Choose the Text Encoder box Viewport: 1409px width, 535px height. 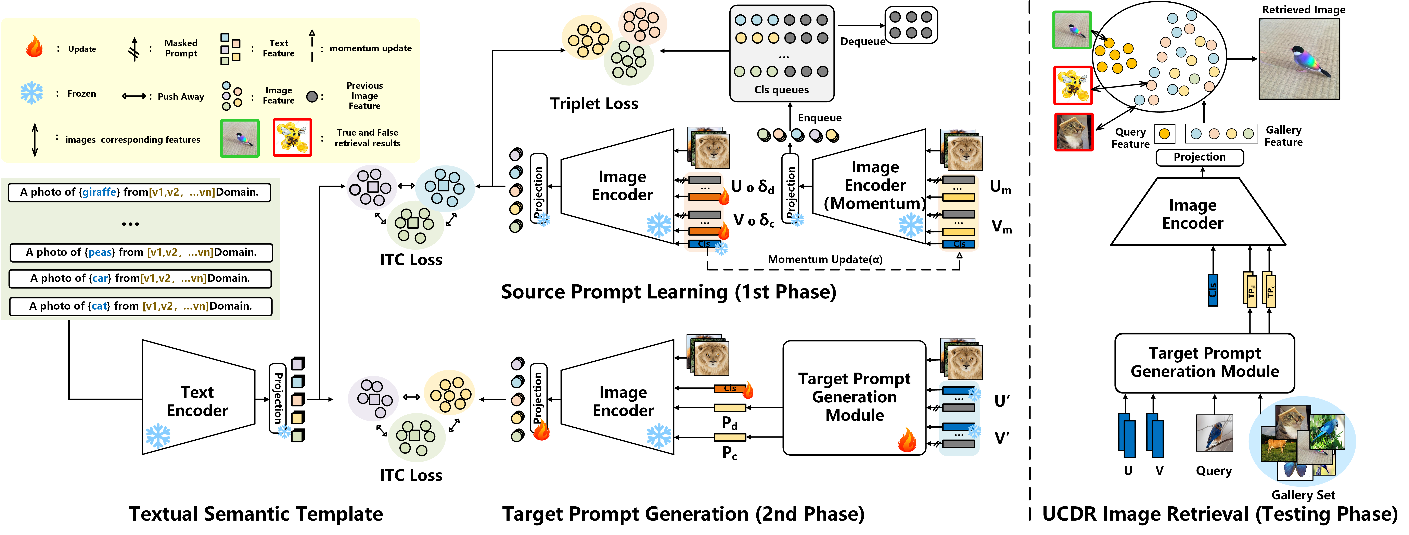pos(197,401)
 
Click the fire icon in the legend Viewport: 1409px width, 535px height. pos(34,47)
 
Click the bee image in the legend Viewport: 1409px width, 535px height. pos(292,138)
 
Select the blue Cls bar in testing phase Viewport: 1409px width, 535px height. pos(1213,290)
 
